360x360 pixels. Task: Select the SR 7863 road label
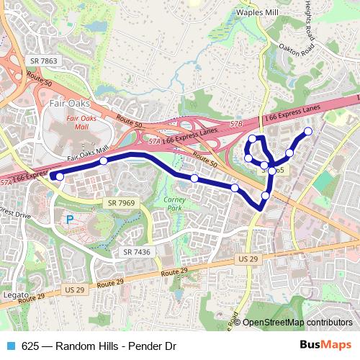(x=42, y=61)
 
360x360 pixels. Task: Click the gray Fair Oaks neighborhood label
(x=70, y=103)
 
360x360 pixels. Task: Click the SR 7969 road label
(x=122, y=204)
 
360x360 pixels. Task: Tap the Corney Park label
(x=175, y=203)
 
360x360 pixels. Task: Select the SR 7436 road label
(x=136, y=251)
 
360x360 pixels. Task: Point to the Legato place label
(x=15, y=295)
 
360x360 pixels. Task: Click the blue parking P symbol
(x=70, y=220)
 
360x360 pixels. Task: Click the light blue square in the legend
(x=10, y=346)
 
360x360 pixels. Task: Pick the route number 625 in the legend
(x=30, y=346)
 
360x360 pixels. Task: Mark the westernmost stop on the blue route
(x=60, y=176)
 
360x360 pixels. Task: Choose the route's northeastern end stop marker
(x=308, y=131)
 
